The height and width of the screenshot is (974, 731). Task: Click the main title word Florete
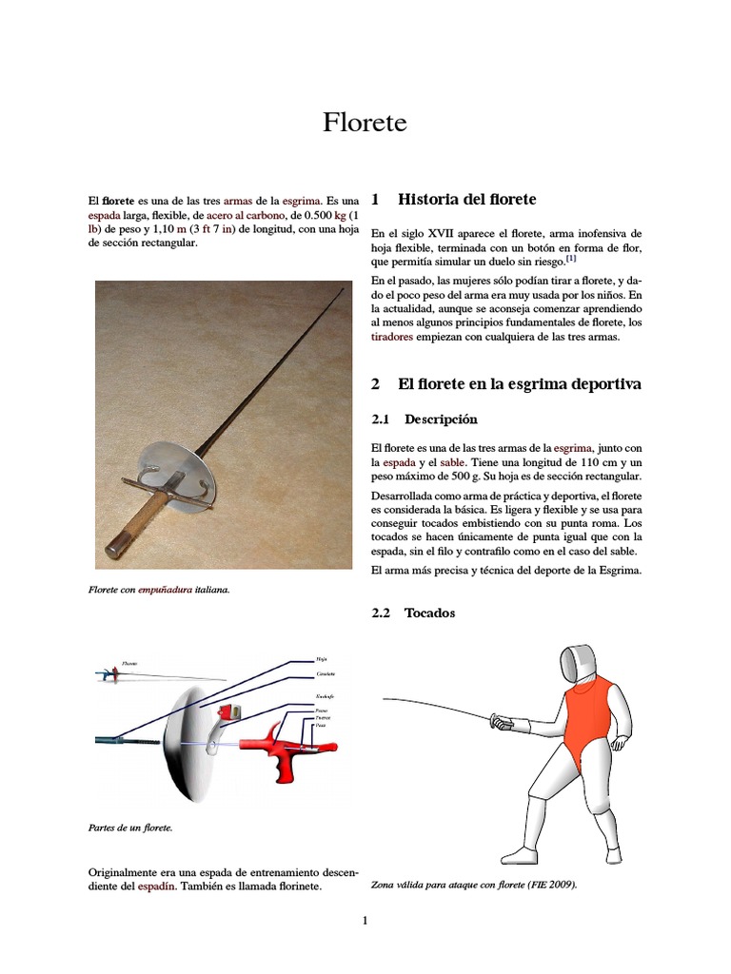365,123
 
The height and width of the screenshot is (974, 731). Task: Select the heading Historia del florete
466,199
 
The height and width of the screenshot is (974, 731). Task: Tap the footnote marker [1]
570,259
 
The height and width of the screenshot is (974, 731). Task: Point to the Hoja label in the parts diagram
321,657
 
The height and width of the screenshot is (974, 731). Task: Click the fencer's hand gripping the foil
502,723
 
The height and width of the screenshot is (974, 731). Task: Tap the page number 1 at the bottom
365,920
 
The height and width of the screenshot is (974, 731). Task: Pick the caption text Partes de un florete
130,828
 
